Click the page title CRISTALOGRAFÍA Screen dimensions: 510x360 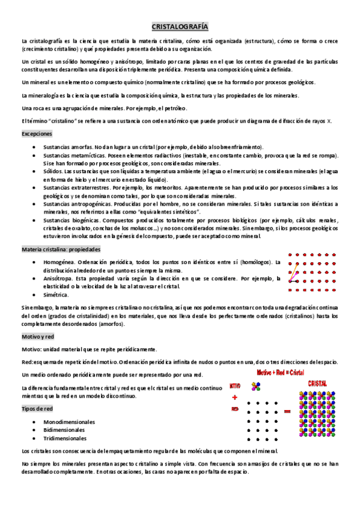click(x=180, y=27)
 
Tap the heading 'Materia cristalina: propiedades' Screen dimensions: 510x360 click(x=61, y=249)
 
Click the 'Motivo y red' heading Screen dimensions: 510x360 click(x=38, y=337)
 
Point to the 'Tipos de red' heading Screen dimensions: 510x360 click(x=37, y=409)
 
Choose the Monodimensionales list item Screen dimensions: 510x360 click(x=69, y=422)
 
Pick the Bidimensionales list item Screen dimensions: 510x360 click(x=64, y=430)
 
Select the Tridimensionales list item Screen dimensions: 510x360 click(x=65, y=438)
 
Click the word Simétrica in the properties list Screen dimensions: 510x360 click(x=56, y=295)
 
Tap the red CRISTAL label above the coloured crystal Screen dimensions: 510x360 click(x=317, y=383)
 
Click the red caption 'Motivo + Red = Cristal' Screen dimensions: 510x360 click(x=280, y=373)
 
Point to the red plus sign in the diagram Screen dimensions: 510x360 click(x=234, y=397)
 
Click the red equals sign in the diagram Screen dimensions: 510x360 click(x=287, y=411)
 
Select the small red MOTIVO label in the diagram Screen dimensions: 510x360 click(x=235, y=386)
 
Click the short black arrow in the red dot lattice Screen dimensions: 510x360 click(x=294, y=280)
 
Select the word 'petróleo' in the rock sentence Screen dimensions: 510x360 click(x=174, y=108)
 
